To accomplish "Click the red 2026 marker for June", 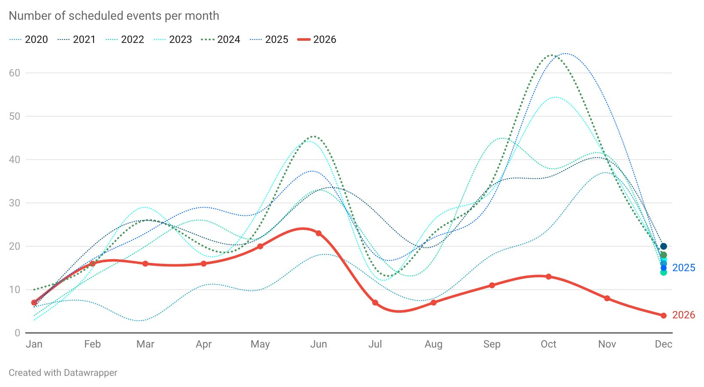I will (x=319, y=233).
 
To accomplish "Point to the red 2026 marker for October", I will (x=549, y=277).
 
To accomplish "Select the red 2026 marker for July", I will (x=375, y=303).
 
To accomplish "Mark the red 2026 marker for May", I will (x=260, y=246).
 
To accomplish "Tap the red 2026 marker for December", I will (x=664, y=316).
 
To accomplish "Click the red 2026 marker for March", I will (x=145, y=264).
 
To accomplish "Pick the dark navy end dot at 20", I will (x=664, y=246).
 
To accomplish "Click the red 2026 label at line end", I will (x=683, y=315).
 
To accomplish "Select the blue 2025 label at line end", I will (x=683, y=268).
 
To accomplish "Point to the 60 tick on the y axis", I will (x=15, y=73).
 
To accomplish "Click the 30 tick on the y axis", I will (x=15, y=203).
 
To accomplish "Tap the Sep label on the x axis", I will (x=492, y=344).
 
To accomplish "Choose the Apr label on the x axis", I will (x=203, y=344).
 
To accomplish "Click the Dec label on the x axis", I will (x=663, y=344).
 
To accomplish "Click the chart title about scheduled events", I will (x=114, y=16).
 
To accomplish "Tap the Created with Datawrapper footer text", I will (x=63, y=373).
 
